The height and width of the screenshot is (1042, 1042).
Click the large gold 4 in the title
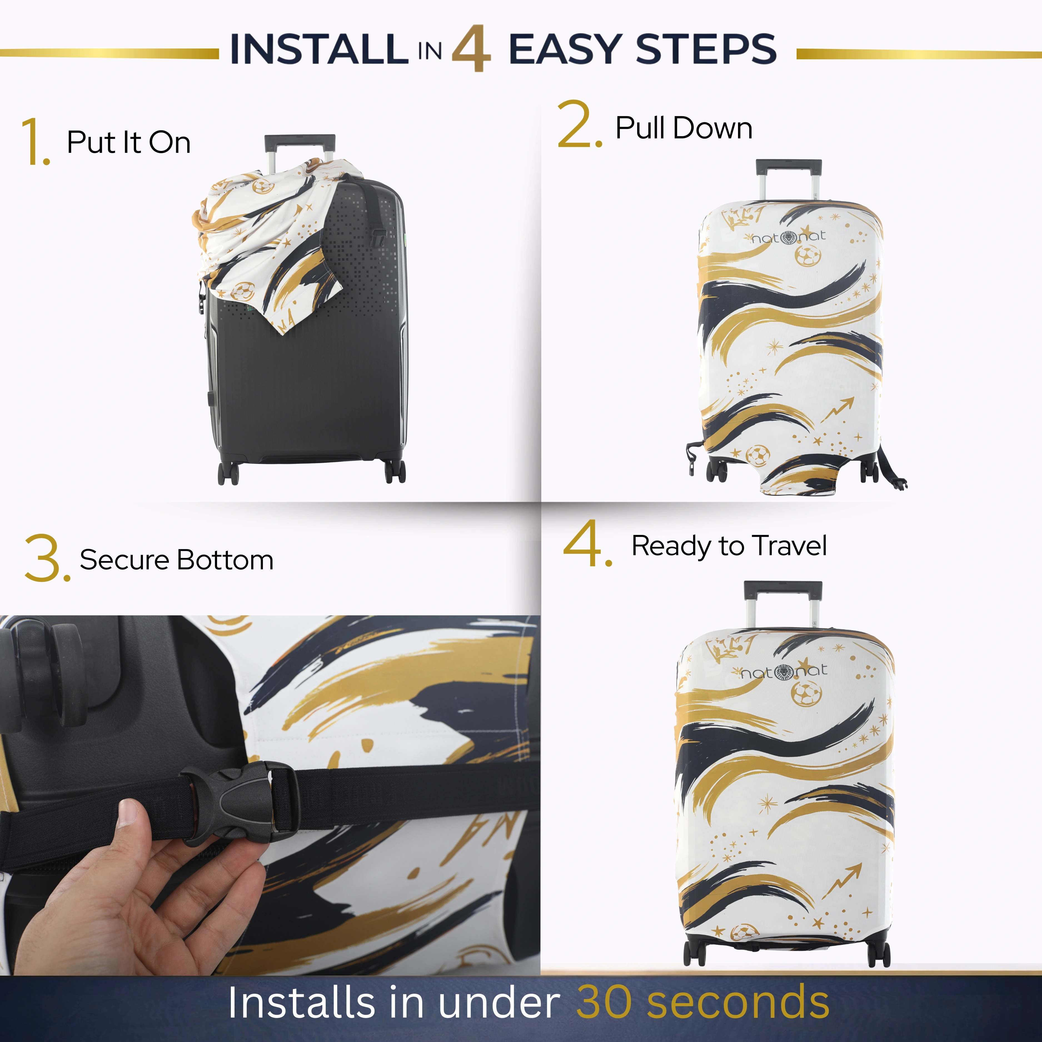[471, 49]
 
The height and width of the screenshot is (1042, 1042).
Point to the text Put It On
[128, 142]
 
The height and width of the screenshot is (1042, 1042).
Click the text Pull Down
[684, 128]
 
